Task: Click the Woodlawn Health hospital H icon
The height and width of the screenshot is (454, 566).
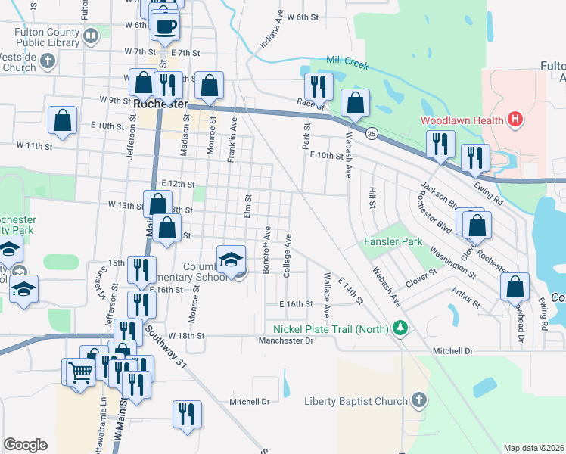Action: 515,119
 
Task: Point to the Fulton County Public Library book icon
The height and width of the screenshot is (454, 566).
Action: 91,36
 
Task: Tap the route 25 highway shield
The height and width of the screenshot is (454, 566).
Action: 372,134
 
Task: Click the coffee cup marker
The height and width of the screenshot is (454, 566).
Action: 165,27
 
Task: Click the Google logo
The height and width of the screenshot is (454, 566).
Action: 25,445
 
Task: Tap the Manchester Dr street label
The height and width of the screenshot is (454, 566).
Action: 285,340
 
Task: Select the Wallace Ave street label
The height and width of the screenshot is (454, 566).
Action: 326,294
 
